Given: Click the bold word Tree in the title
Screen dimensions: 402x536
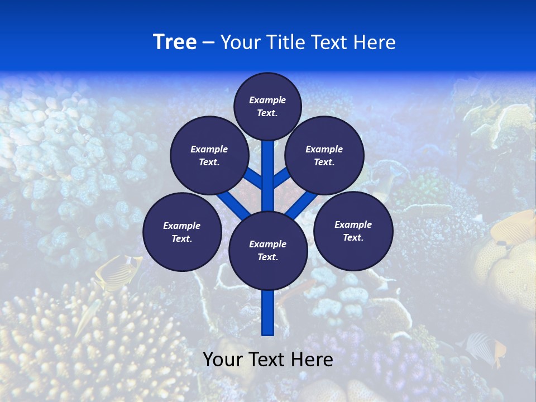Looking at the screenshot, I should [175, 42].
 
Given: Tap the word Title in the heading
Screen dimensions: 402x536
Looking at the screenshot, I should [287, 42].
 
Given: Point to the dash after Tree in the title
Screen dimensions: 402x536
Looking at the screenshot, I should [208, 43].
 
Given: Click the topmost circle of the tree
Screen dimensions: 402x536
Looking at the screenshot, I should [267, 106].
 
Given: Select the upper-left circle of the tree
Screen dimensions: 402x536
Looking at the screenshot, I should [209, 155].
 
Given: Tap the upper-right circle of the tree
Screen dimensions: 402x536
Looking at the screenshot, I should [324, 155].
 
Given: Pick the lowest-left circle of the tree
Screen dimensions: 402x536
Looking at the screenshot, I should [182, 232].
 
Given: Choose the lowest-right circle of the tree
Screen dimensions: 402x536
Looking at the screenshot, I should [353, 231].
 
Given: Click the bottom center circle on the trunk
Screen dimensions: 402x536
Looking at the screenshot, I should [268, 250].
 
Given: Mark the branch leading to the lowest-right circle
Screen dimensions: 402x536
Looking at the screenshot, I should [301, 204].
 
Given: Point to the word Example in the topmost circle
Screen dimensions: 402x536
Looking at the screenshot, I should [267, 100].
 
